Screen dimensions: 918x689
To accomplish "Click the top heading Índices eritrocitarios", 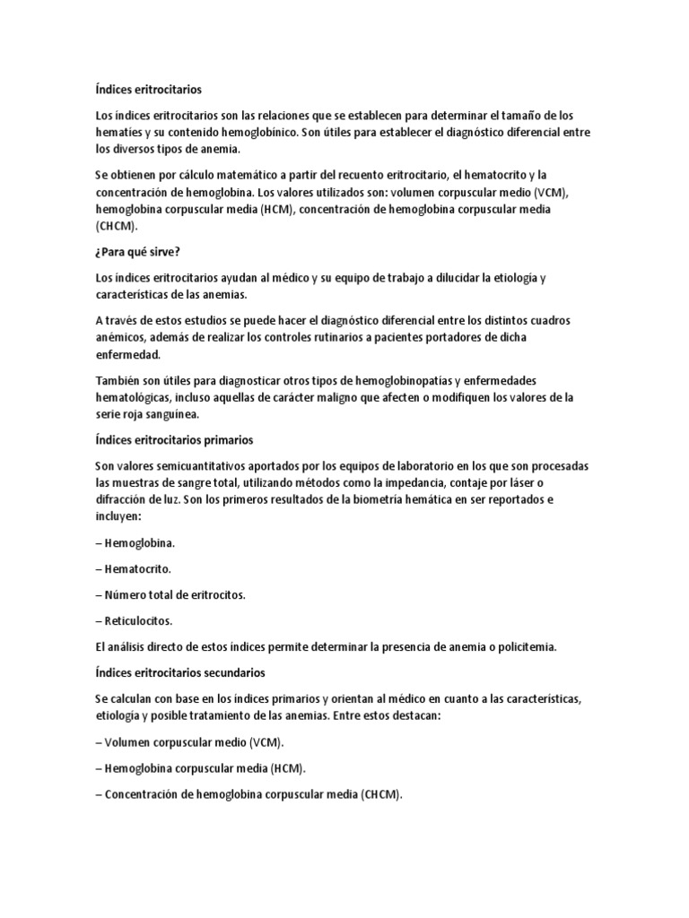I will pos(148,90).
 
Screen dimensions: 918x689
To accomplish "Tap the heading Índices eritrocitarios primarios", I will pos(174,440).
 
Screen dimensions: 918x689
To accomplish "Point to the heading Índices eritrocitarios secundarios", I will pos(179,671).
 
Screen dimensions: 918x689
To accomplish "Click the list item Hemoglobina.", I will pos(139,543).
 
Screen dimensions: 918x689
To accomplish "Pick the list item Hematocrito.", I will pos(137,568).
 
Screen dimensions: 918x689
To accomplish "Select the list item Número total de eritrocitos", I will pos(175,594).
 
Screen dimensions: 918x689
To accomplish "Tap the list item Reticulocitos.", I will pos(138,619).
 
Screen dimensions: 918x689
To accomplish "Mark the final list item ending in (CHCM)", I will pos(253,794).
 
